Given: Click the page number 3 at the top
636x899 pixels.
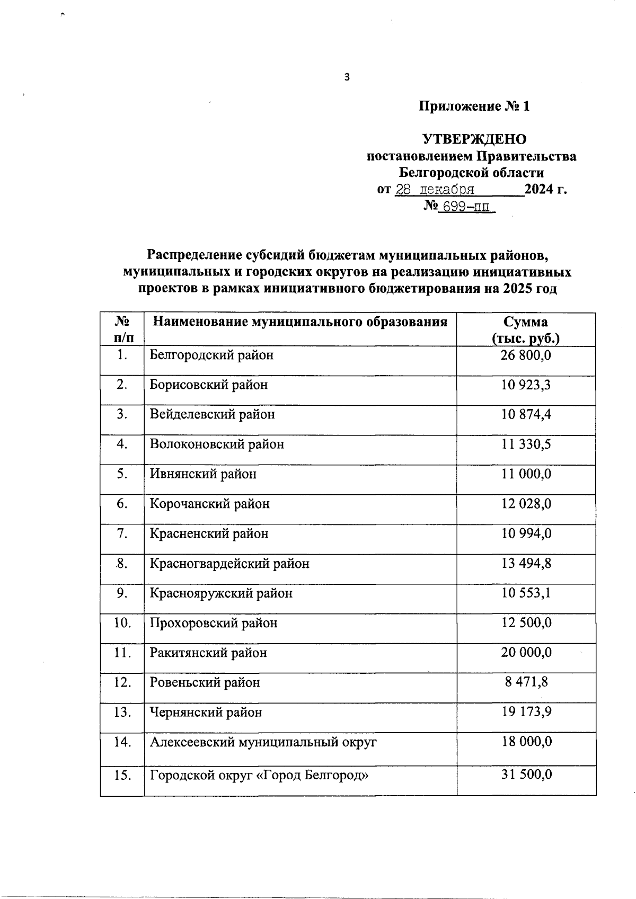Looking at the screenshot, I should click(x=347, y=77).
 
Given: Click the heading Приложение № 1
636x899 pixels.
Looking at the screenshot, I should click(x=474, y=106).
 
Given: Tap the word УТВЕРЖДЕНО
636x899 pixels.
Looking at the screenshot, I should click(x=474, y=139).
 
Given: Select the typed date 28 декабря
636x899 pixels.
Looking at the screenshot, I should click(x=435, y=190).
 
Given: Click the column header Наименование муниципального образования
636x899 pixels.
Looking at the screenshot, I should click(x=300, y=322).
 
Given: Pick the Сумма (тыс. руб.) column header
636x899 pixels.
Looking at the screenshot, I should click(x=526, y=330).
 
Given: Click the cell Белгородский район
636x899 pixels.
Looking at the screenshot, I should click(x=211, y=355).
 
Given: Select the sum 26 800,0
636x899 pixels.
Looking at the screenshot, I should click(x=526, y=355).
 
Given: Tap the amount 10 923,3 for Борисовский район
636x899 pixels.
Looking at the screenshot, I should click(x=526, y=385).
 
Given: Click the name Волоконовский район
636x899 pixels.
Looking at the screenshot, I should click(x=217, y=444).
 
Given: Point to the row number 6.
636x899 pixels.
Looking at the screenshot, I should click(x=122, y=504).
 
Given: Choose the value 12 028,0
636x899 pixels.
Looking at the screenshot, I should click(x=526, y=504).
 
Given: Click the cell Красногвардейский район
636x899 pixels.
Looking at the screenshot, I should click(x=229, y=563).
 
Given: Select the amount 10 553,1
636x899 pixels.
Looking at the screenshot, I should click(x=526, y=593).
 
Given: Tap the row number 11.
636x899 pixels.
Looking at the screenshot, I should click(x=122, y=653).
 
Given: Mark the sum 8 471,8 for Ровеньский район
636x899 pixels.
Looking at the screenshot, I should click(x=526, y=682).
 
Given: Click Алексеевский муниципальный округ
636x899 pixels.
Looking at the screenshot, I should click(x=263, y=742).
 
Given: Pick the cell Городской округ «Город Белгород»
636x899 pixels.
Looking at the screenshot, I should click(x=259, y=776).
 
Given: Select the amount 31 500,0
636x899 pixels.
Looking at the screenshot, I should click(x=526, y=775).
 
